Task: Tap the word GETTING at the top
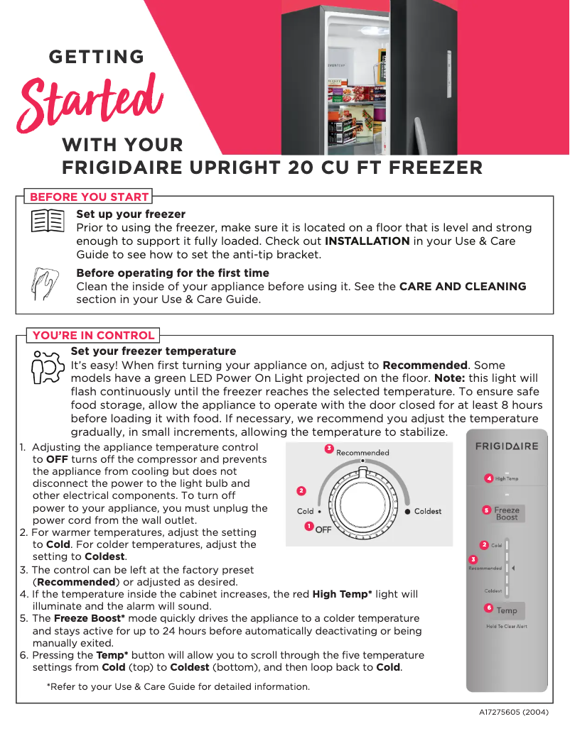(x=96, y=57)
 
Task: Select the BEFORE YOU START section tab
(x=89, y=197)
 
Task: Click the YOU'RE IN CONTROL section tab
(x=93, y=335)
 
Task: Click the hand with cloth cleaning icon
(x=47, y=282)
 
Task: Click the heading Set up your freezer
(x=131, y=214)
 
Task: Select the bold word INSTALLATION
(x=367, y=241)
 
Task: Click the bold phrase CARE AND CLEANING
(x=463, y=287)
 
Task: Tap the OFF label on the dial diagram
(x=323, y=529)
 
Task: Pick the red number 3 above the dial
(x=329, y=449)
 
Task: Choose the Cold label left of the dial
(x=305, y=511)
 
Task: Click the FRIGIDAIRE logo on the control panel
(x=507, y=446)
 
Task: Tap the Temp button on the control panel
(x=506, y=610)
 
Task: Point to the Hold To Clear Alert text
(x=506, y=627)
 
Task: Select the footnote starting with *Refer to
(x=178, y=687)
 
